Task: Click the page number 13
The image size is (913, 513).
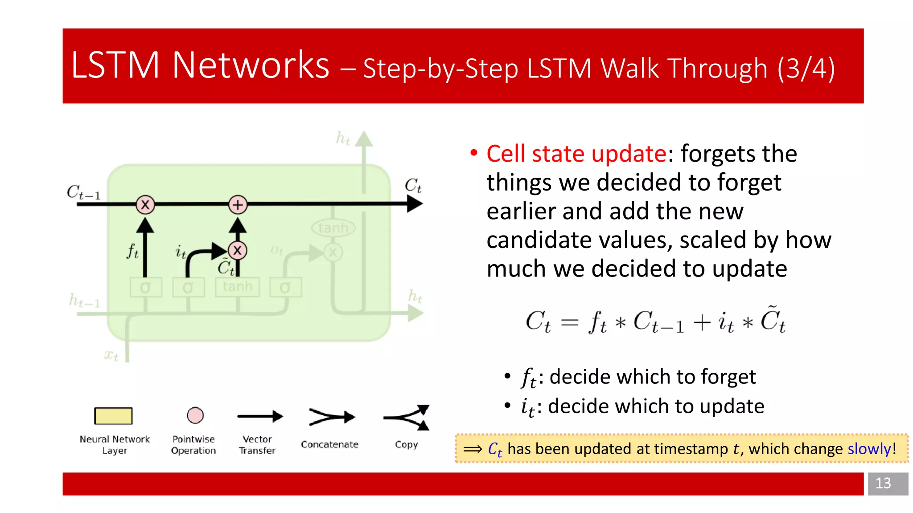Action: (883, 483)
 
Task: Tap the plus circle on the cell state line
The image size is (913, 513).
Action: (238, 205)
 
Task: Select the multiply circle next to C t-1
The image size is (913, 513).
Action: (145, 205)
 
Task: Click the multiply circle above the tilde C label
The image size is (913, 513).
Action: (238, 250)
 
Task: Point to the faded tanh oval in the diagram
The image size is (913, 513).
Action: (333, 228)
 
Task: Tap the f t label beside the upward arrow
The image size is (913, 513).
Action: (132, 252)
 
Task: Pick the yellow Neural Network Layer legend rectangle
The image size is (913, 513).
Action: (113, 416)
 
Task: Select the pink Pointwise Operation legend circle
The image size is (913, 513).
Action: (195, 415)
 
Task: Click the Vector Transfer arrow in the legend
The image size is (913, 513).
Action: (259, 417)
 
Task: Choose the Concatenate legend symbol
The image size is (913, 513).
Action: (331, 417)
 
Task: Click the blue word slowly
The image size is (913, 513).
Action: (869, 449)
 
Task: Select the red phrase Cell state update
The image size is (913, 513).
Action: (576, 154)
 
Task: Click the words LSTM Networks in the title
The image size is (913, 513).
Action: (200, 65)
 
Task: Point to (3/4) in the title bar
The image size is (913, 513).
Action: (806, 69)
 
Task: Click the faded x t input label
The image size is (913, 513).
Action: (111, 355)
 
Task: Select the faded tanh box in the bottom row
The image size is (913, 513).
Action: (237, 287)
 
